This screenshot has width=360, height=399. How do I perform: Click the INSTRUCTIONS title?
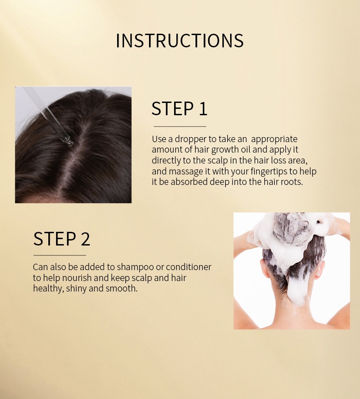180,41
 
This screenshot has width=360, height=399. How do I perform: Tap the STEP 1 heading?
179,109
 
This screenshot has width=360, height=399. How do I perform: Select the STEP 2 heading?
62,239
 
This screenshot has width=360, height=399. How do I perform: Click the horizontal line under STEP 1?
180,126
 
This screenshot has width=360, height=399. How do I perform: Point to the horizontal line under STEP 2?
59,255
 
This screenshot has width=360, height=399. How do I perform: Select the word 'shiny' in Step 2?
77,289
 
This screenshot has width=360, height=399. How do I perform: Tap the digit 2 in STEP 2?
84,239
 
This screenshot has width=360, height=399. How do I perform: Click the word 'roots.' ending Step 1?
291,182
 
